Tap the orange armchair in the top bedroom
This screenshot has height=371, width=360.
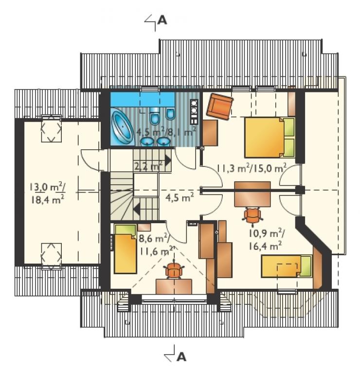pyautogui.click(x=219, y=106)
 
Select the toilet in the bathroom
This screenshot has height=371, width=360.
pyautogui.click(x=155, y=115)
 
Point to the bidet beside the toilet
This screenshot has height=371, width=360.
pyautogui.click(x=170, y=113)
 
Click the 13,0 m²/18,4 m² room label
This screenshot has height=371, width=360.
pyautogui.click(x=47, y=193)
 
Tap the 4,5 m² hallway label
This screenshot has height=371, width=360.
pyautogui.click(x=179, y=198)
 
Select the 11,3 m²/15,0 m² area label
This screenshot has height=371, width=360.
pyautogui.click(x=252, y=168)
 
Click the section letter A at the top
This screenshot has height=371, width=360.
pyautogui.click(x=162, y=20)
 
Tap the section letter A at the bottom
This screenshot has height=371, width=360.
pyautogui.click(x=181, y=357)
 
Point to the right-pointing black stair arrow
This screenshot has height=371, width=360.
pyautogui.click(x=168, y=160)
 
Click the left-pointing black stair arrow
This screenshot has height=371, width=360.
pyautogui.click(x=136, y=210)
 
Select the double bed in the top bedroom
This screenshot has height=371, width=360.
pyautogui.click(x=270, y=137)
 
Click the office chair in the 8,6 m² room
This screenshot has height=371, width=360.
pyautogui.click(x=174, y=270)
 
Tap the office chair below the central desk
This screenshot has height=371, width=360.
pyautogui.click(x=252, y=215)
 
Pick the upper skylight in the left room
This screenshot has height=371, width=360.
pyautogui.click(x=52, y=129)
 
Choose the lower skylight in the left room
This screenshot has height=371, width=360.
pyautogui.click(x=52, y=256)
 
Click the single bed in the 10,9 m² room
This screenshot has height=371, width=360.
pyautogui.click(x=287, y=266)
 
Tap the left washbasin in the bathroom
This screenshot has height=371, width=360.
pyautogui.click(x=147, y=141)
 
